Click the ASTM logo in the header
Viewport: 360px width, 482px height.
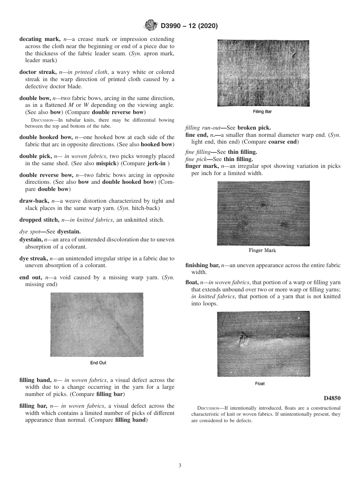coord(150,26)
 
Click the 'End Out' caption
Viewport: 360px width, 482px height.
coord(98,363)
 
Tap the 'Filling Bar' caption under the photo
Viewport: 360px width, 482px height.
coord(262,112)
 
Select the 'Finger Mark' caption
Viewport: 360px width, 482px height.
coord(262,250)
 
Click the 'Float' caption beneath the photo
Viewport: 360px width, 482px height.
coord(260,383)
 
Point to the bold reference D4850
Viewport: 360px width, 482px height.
coord(332,398)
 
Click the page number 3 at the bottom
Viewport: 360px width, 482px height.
coord(180,465)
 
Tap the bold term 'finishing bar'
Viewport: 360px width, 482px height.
coord(202,265)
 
